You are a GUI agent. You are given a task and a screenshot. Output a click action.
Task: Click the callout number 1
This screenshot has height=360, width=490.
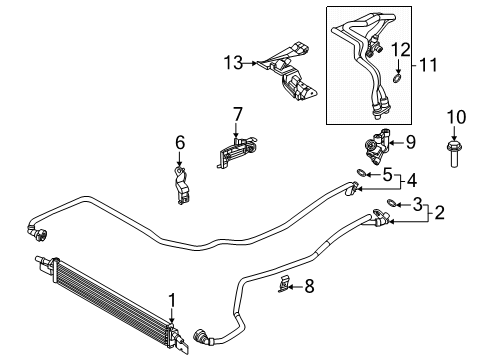(171, 298)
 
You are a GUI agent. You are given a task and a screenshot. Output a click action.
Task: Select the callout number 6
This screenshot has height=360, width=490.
(180, 143)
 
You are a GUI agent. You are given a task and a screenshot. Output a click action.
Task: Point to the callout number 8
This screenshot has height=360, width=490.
(308, 286)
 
